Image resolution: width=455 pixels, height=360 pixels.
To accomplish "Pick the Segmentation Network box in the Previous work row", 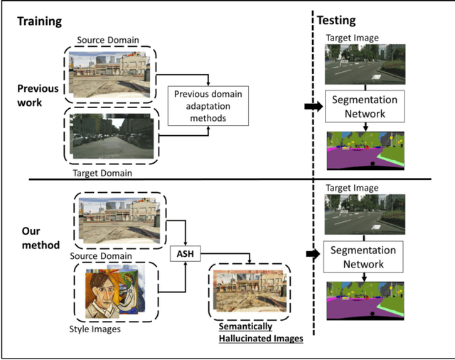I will coord(365,107).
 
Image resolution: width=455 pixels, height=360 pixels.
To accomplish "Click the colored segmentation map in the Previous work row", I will coord(365,149).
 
